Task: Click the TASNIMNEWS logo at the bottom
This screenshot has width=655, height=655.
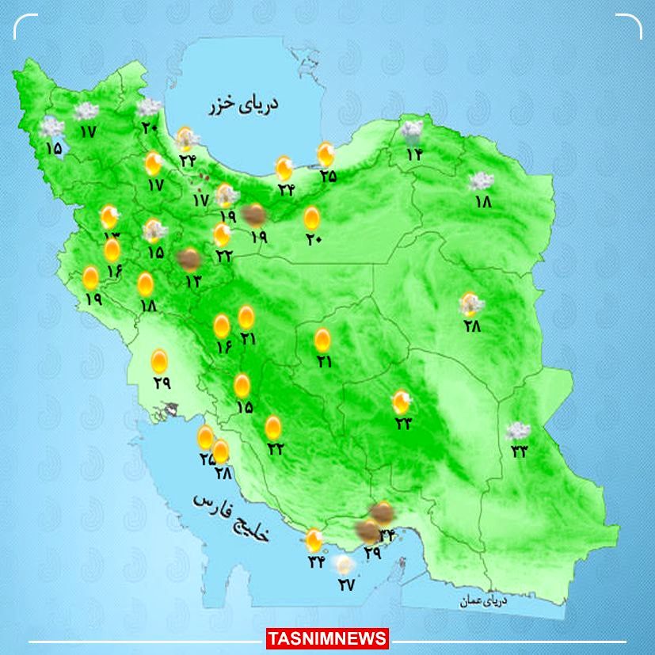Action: point(327,638)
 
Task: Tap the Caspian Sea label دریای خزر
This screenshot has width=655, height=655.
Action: point(245,105)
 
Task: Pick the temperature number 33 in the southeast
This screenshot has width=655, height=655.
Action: point(520,451)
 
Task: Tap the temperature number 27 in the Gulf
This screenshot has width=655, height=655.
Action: point(346,585)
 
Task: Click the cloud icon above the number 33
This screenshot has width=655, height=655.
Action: point(519,432)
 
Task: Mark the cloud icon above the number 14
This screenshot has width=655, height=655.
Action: point(412,131)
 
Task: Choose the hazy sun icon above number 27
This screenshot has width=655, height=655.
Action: point(344,565)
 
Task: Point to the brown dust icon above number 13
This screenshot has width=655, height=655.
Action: point(189,258)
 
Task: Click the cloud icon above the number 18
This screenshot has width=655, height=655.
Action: point(480,181)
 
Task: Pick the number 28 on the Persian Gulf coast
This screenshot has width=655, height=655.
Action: point(222,473)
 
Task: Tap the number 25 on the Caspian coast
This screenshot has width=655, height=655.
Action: point(327,176)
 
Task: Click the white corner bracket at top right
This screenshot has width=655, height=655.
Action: point(630,25)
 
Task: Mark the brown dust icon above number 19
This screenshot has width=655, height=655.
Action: point(254,214)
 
